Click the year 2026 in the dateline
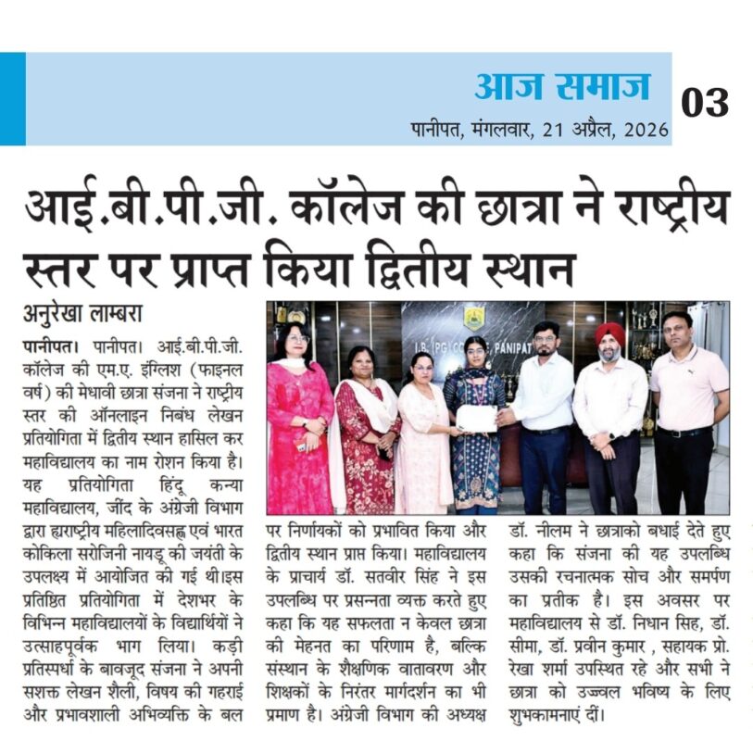coord(645,129)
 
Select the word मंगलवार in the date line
coord(501,129)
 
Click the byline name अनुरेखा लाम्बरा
coord(84,312)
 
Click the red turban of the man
coord(609,333)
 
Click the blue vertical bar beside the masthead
coord(12,98)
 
